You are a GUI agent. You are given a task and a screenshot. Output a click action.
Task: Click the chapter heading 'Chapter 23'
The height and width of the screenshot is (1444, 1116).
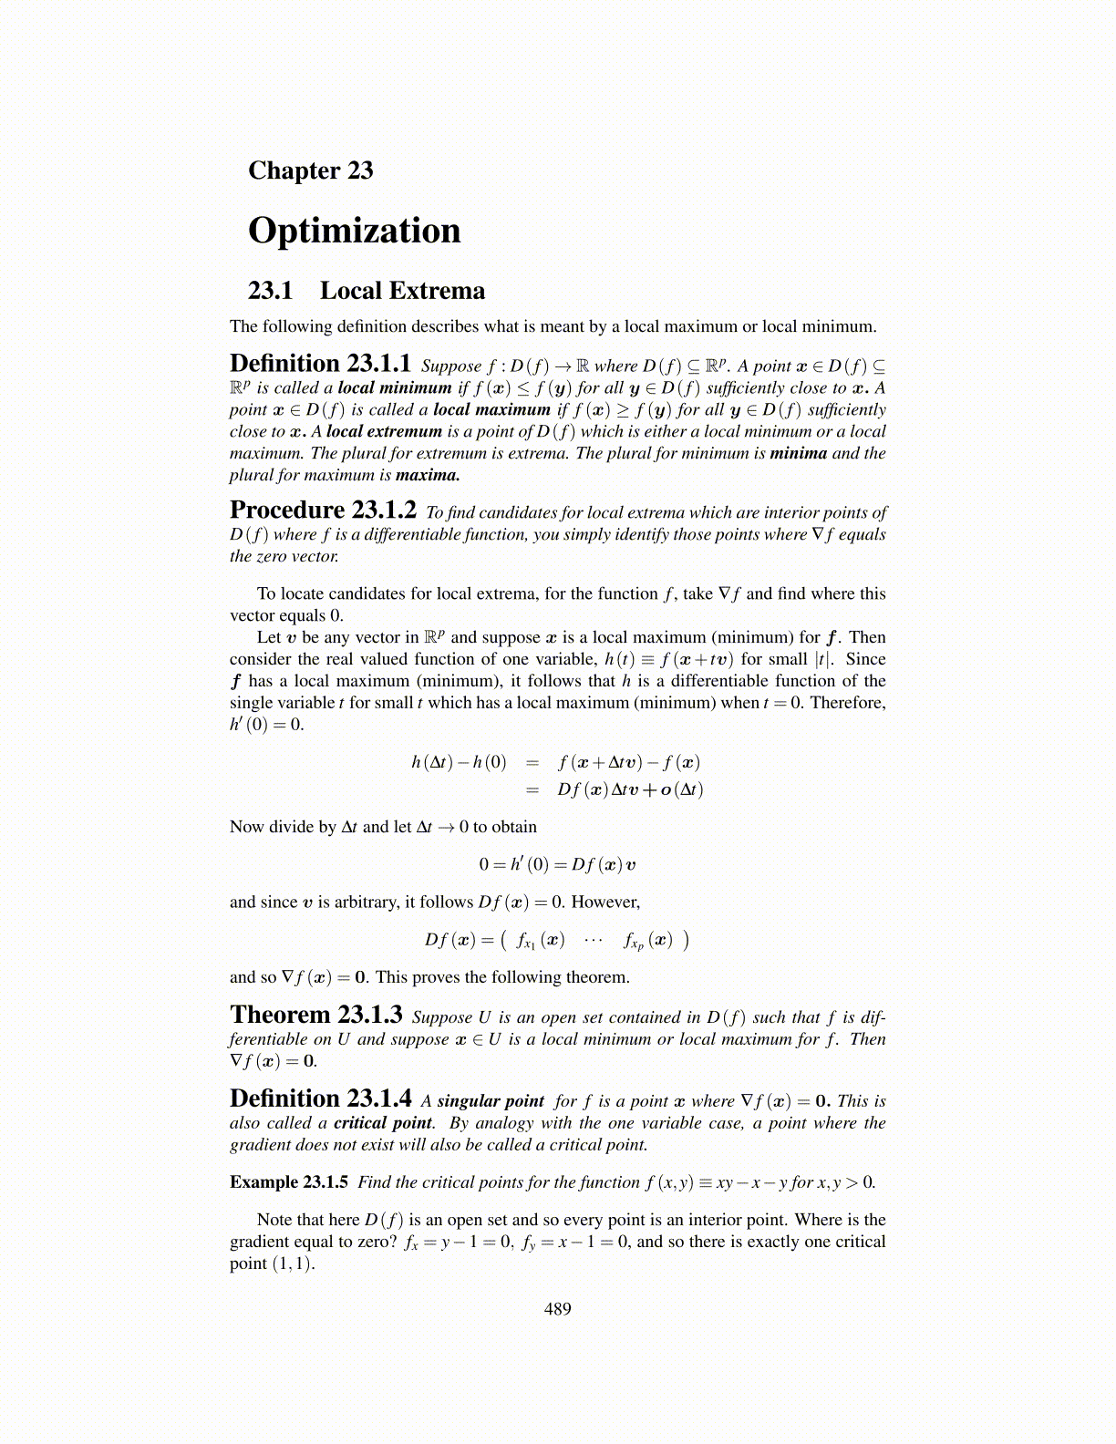(x=310, y=170)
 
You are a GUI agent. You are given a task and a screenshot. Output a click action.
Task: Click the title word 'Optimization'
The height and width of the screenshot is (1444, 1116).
(x=354, y=231)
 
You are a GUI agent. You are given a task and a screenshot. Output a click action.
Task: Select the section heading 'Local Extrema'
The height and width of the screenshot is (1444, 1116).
(x=402, y=291)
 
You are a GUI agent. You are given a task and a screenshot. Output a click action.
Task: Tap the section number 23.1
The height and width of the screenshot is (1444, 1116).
(x=270, y=291)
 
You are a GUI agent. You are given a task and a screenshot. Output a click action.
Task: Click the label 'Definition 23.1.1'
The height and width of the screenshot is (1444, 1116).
(x=320, y=364)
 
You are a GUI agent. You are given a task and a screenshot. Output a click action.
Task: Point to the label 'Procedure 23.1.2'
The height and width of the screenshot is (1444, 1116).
(x=323, y=511)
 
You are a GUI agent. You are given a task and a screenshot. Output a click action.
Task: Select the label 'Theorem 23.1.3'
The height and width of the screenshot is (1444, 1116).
(x=316, y=1016)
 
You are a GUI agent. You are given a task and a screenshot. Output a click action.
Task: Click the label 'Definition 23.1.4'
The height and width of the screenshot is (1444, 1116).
(x=320, y=1099)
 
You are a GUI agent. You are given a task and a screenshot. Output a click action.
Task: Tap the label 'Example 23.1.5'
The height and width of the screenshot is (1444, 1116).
(x=289, y=1182)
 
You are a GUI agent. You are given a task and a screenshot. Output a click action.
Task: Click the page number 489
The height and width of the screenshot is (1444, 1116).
(x=557, y=1309)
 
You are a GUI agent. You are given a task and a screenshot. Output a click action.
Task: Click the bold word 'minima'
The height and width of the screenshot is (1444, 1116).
(x=798, y=453)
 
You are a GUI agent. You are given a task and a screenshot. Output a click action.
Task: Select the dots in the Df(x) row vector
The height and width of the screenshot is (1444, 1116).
(x=594, y=939)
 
